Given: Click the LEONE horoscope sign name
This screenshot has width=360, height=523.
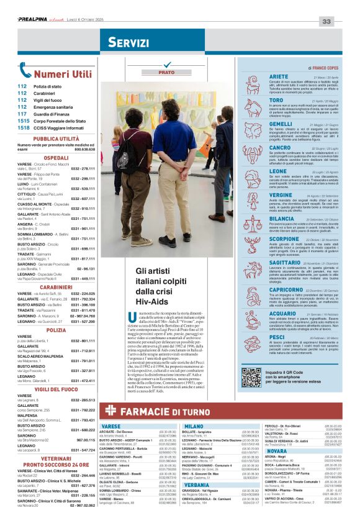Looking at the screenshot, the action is click(261, 171).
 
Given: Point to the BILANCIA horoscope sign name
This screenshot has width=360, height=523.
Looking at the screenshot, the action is click(264, 219).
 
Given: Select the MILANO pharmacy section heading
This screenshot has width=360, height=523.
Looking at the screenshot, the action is click(194, 426).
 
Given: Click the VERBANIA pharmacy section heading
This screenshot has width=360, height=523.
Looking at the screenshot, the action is click(197, 484).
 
